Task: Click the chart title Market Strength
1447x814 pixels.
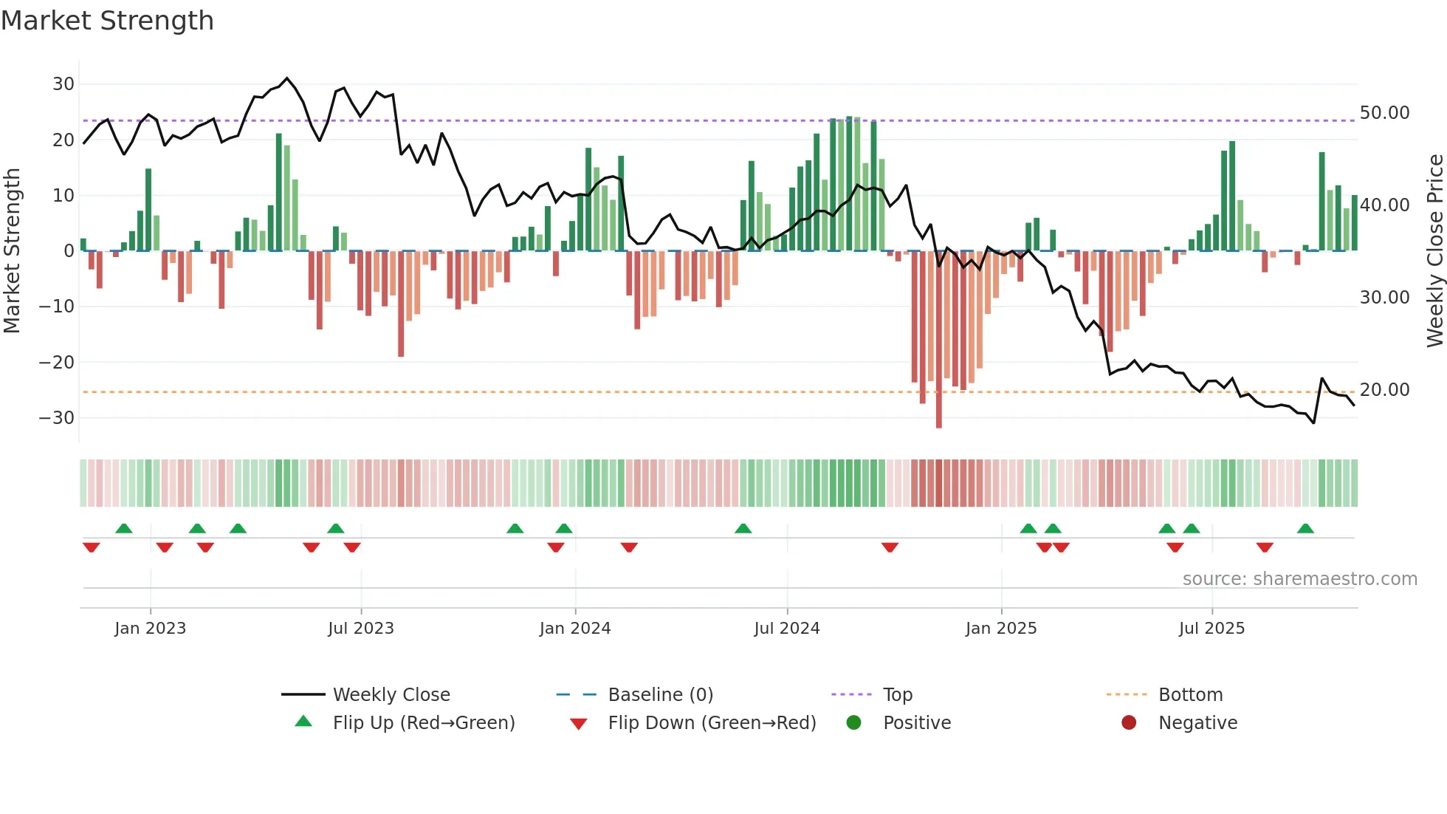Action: click(x=107, y=21)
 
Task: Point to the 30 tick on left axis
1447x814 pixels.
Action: click(x=63, y=84)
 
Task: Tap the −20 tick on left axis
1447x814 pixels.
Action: click(x=57, y=362)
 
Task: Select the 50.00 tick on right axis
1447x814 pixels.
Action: click(x=1384, y=113)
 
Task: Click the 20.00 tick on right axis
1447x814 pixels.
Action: click(x=1384, y=390)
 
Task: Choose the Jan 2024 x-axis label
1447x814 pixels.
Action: click(x=575, y=629)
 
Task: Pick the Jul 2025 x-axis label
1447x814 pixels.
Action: click(x=1211, y=629)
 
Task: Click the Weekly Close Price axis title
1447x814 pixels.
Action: click(x=1434, y=250)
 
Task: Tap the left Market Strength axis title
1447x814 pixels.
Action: click(x=12, y=250)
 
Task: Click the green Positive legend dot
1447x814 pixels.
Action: click(x=854, y=723)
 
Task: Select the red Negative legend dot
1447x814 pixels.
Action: click(x=1129, y=723)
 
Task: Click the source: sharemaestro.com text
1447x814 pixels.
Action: click(x=1299, y=579)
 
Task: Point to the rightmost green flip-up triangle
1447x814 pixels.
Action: click(x=1305, y=529)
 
